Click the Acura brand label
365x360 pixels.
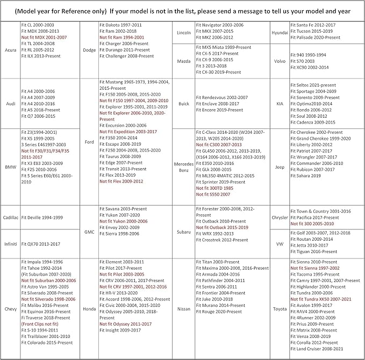10,50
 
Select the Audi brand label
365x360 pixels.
10,104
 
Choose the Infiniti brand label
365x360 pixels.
10,243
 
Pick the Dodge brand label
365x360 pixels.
90,50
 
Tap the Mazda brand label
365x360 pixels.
184,62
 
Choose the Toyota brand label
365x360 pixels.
280,308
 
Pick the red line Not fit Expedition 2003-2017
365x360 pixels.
128,131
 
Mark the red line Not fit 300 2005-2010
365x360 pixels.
312,223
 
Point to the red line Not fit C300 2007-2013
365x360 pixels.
219,145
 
